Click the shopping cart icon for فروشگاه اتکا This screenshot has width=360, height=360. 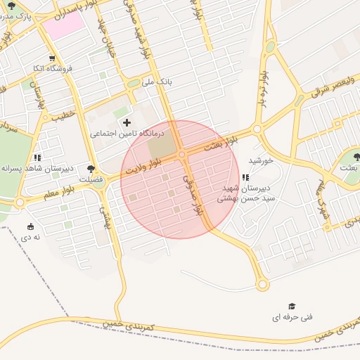click(x=51, y=58)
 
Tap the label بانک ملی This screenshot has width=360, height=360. click(x=157, y=82)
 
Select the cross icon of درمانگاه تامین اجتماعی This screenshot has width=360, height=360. click(x=127, y=122)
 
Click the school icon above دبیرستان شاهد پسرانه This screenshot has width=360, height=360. click(x=37, y=158)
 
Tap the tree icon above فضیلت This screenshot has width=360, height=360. click(x=91, y=169)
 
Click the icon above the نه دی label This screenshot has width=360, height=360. click(x=30, y=226)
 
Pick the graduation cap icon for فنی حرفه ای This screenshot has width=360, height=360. click(x=292, y=307)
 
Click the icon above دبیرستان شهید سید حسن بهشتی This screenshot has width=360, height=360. click(x=245, y=178)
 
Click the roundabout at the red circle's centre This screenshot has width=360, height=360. click(x=181, y=154)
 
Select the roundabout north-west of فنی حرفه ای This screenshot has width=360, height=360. click(x=262, y=285)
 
